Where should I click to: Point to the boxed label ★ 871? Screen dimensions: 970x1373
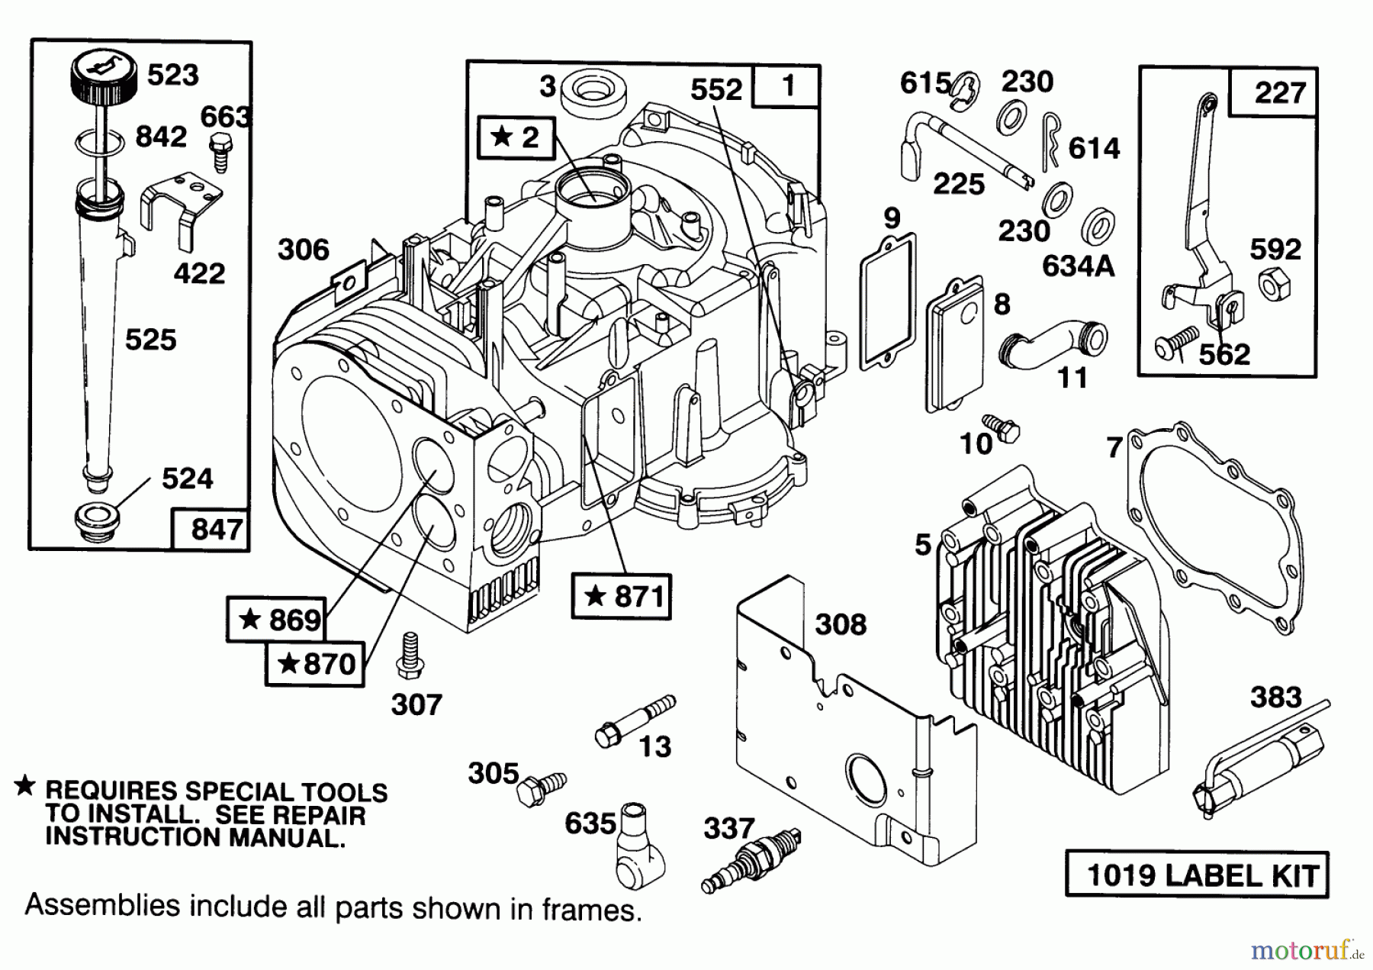(x=622, y=596)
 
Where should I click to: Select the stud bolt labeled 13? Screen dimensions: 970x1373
(x=633, y=721)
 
